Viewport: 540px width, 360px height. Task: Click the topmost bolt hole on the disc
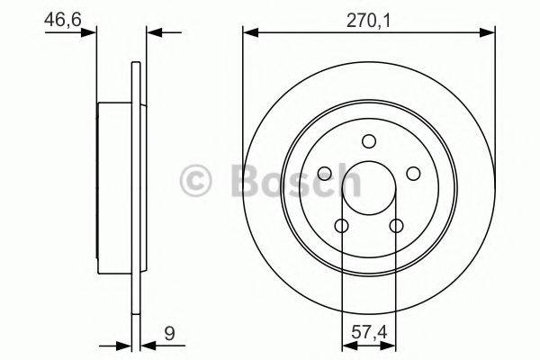click(369, 140)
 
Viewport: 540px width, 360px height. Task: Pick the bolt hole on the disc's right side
click(414, 174)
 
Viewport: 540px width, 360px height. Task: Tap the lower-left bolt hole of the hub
click(342, 226)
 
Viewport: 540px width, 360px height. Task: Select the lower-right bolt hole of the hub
click(397, 226)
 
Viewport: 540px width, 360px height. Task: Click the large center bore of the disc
click(369, 186)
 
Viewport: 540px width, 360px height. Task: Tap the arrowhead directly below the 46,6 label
click(89, 33)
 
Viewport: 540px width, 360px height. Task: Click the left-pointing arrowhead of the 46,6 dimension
click(152, 33)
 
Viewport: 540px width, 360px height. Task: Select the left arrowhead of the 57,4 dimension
click(347, 344)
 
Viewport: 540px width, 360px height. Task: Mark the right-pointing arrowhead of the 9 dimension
click(125, 344)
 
